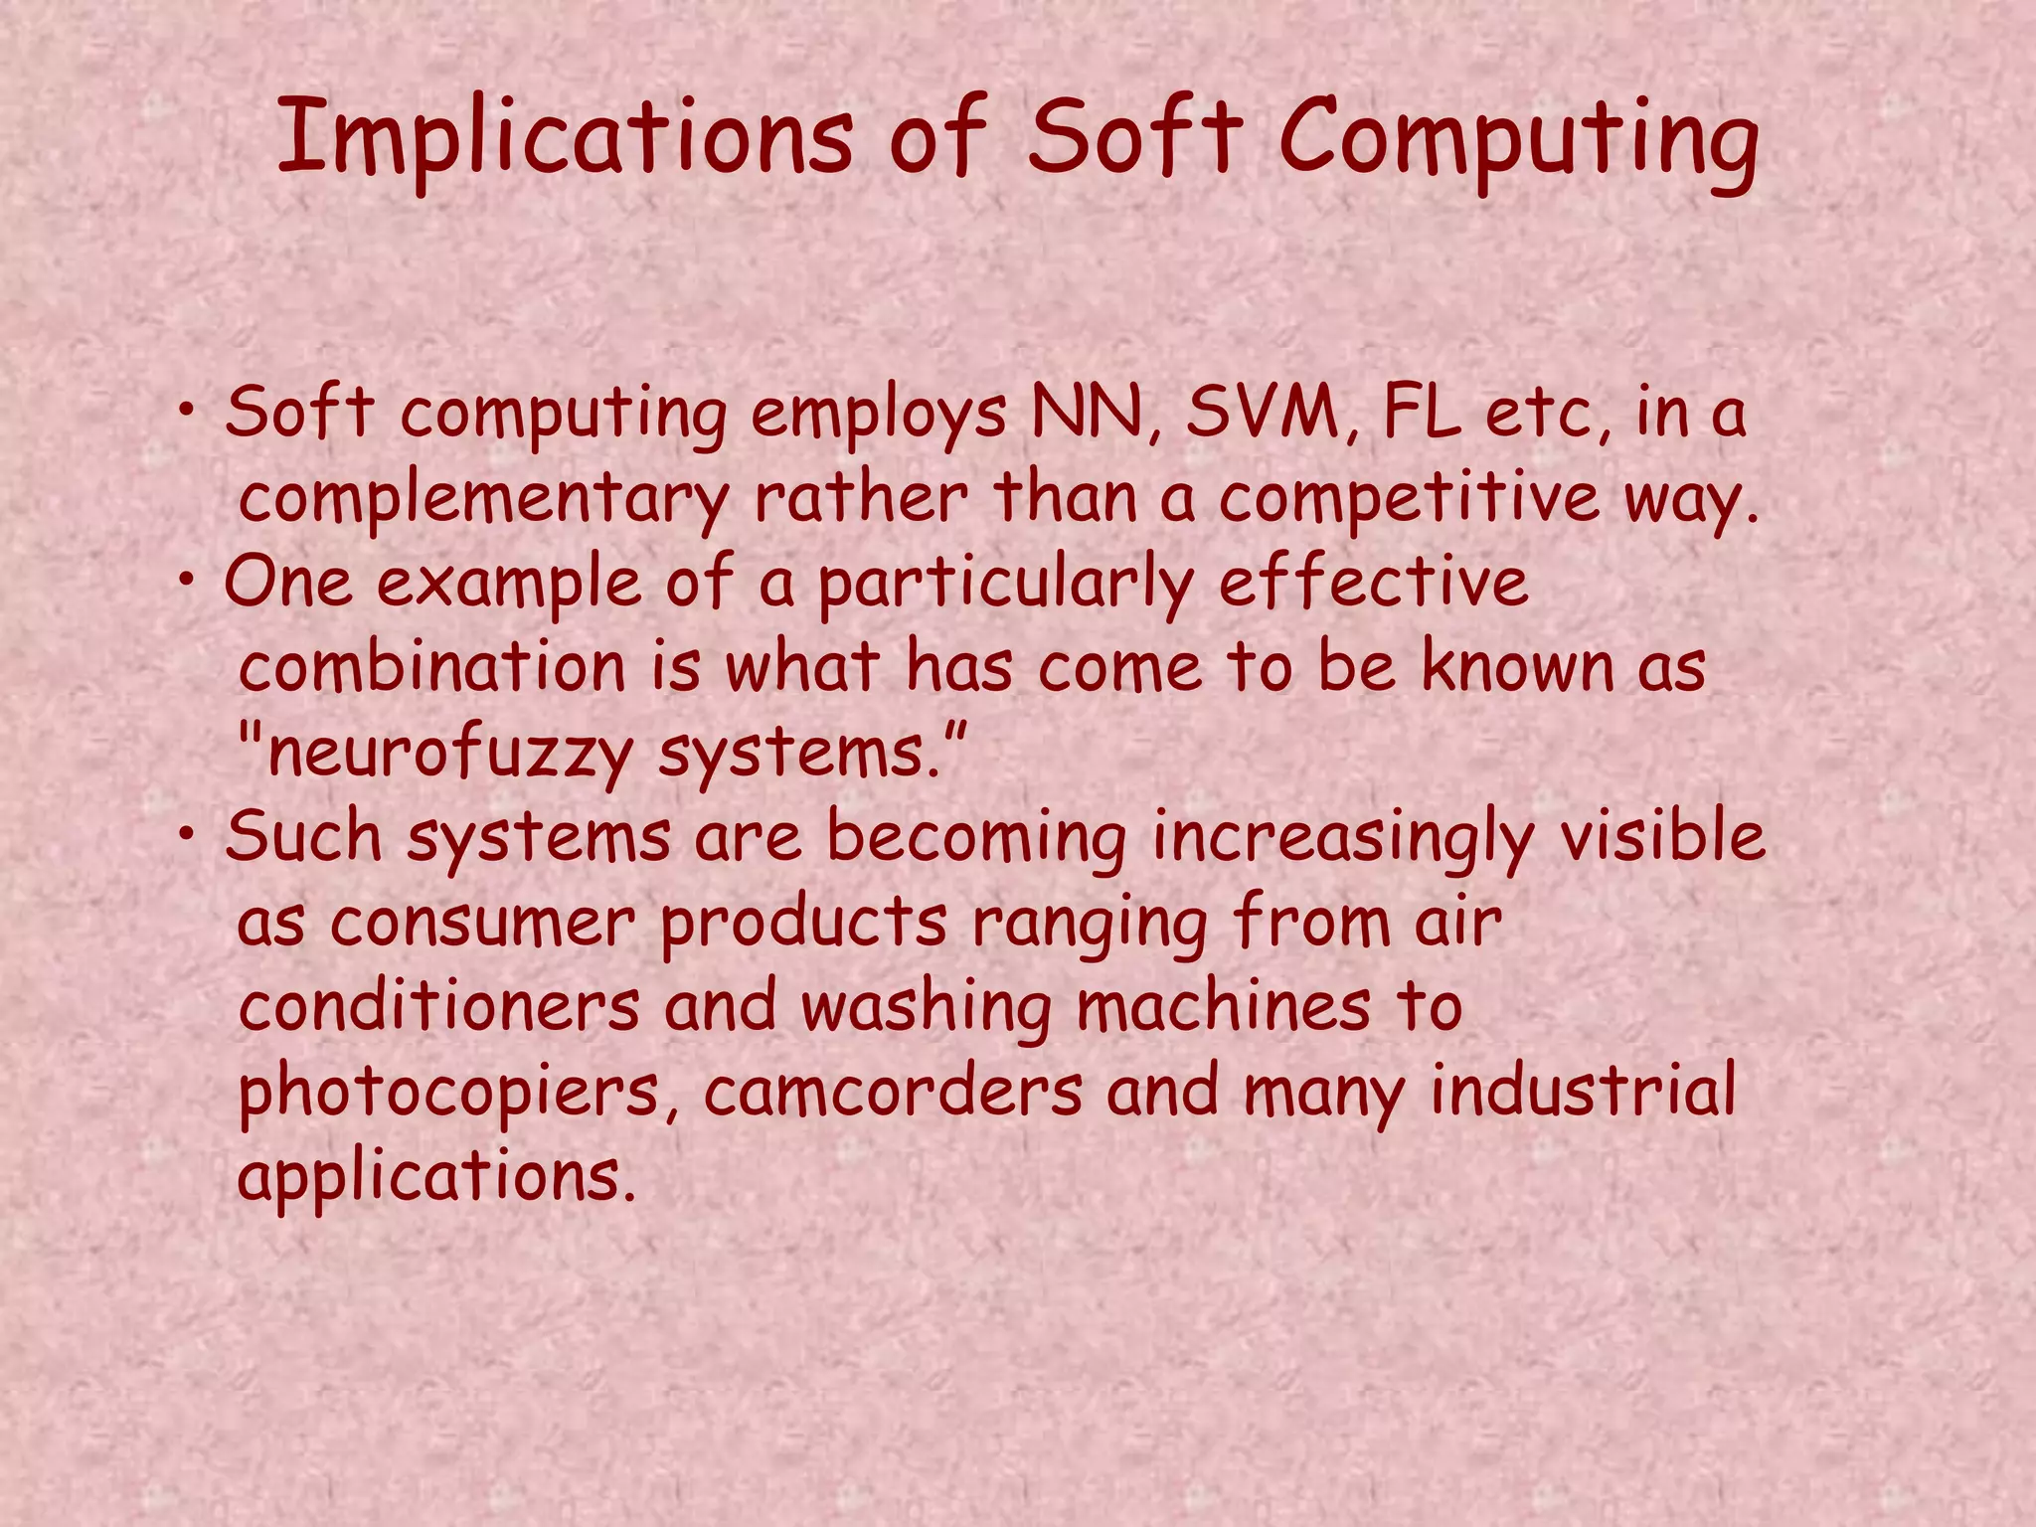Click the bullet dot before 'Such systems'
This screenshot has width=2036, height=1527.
[x=187, y=837]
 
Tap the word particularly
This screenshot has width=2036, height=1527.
[x=1005, y=585]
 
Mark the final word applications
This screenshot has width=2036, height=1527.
[x=435, y=1178]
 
